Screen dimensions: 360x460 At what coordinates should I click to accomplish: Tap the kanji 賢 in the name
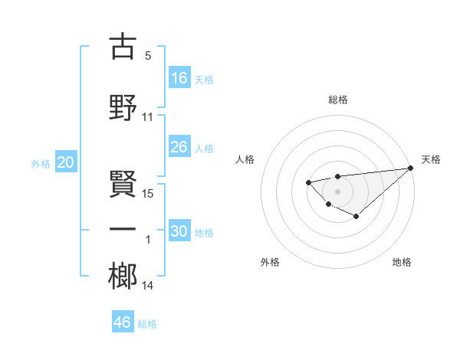(x=123, y=183)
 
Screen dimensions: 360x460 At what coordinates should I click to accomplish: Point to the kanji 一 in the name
(x=123, y=229)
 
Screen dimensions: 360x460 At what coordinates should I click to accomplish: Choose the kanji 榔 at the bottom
(x=123, y=274)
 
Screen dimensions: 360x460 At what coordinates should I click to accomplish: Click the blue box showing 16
(x=179, y=78)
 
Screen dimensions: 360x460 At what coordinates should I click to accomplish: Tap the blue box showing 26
(x=179, y=147)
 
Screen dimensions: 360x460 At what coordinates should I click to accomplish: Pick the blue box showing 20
(x=66, y=162)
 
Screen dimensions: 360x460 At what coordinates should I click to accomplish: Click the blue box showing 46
(x=123, y=322)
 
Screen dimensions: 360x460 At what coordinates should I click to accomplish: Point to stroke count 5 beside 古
(x=148, y=56)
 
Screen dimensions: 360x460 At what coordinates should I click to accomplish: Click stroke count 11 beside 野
(x=148, y=116)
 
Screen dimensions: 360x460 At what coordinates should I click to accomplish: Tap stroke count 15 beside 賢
(x=148, y=193)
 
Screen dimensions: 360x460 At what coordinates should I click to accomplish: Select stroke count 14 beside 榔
(x=148, y=286)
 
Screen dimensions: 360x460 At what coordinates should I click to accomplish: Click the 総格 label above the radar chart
(x=338, y=100)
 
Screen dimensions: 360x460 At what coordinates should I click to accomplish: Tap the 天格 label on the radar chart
(x=431, y=159)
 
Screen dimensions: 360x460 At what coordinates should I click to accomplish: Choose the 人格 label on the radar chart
(x=245, y=159)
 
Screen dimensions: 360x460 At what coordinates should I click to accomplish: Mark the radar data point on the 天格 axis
(x=411, y=168)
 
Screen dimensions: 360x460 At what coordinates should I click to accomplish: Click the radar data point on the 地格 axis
(x=356, y=217)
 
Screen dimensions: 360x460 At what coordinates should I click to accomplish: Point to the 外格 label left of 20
(x=41, y=163)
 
